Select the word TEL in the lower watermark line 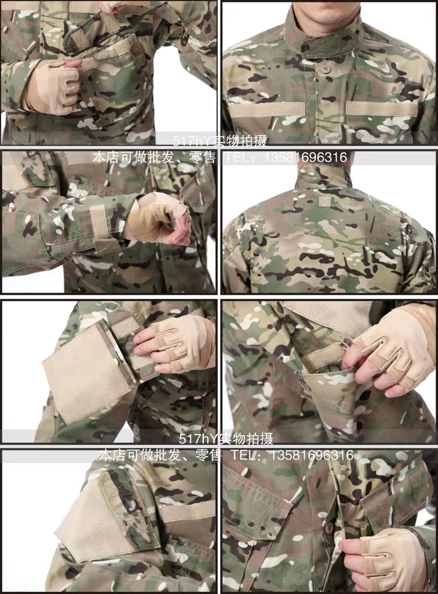(x=246, y=454)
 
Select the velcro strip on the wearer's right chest (x=267, y=109)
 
